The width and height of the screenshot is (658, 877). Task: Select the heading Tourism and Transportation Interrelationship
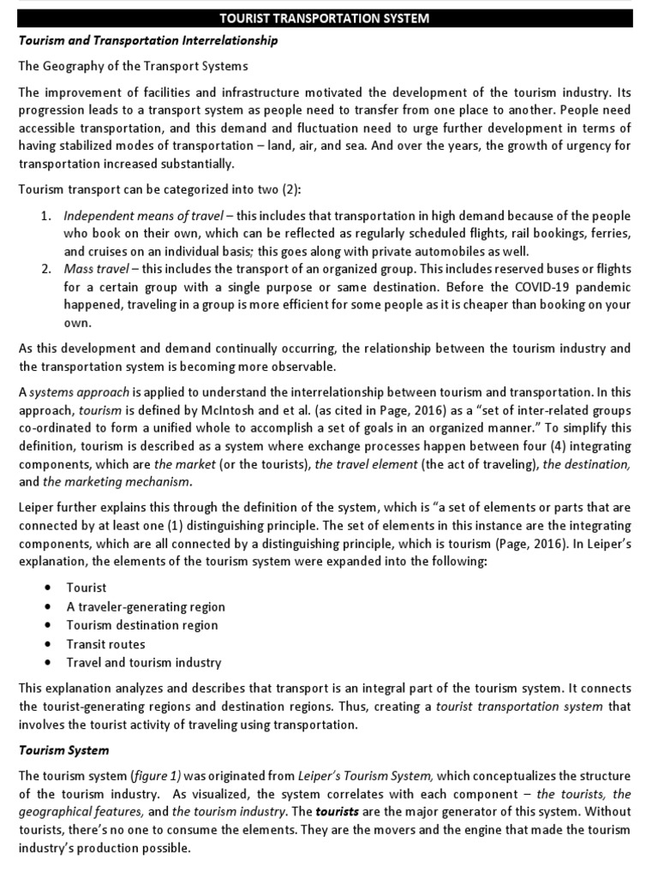[x=148, y=41]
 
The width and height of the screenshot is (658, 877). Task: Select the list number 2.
[x=46, y=269]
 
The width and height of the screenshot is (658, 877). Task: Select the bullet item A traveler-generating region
[x=146, y=606]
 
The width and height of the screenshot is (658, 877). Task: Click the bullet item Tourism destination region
[x=142, y=624]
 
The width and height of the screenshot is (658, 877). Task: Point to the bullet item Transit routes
[x=106, y=643]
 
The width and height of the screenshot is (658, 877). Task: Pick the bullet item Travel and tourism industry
[x=144, y=662]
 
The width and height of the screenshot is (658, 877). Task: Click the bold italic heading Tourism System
[x=64, y=749]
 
